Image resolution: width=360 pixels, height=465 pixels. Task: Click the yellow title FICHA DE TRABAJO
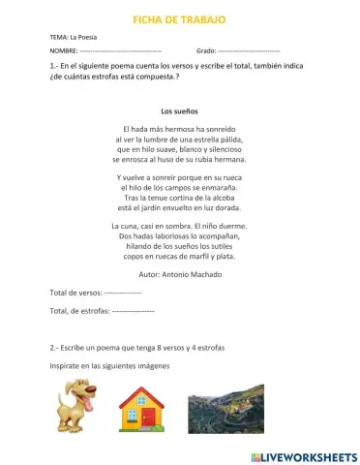click(x=179, y=19)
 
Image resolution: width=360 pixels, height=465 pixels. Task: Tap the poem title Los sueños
click(x=179, y=110)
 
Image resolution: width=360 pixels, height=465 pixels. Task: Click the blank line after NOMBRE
click(x=120, y=48)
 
